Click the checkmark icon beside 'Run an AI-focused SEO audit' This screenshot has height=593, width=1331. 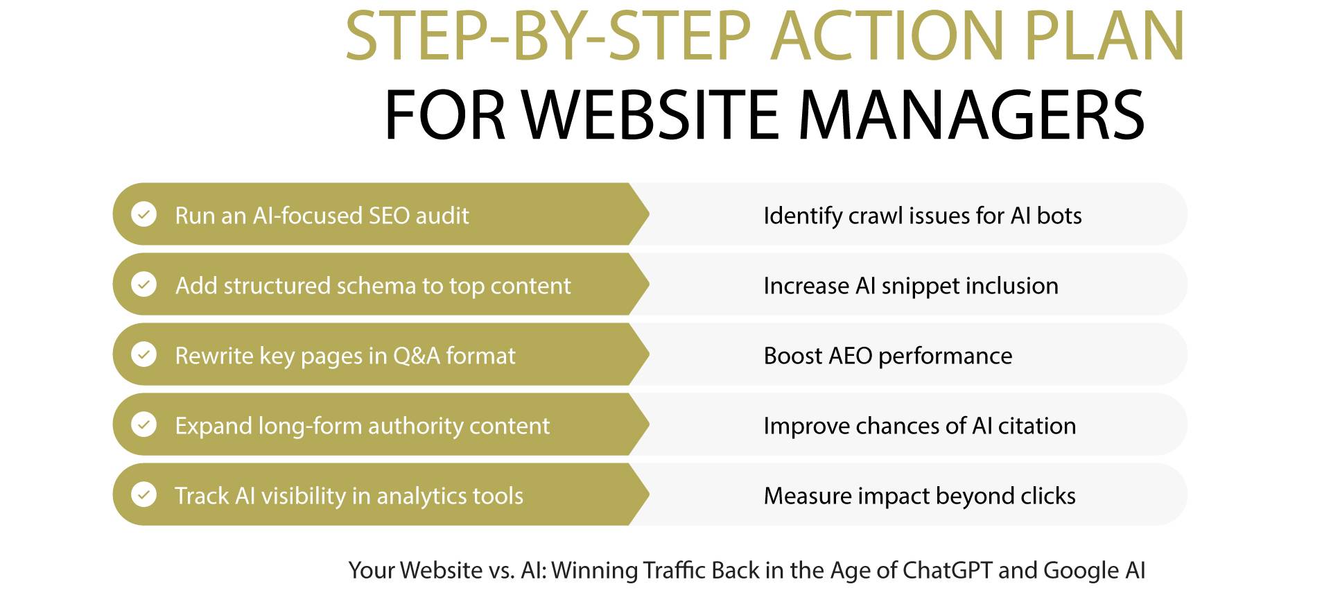(x=144, y=214)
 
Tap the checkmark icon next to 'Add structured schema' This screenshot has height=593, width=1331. (x=144, y=284)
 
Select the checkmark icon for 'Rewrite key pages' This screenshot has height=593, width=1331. (x=144, y=354)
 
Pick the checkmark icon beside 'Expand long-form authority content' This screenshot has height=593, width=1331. (x=144, y=424)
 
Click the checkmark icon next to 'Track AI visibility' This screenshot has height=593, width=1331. (x=144, y=495)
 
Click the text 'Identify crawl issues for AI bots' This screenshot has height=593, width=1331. (x=922, y=216)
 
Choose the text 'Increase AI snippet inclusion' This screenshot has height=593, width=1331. (x=910, y=286)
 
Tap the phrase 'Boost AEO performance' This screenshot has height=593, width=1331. (x=887, y=356)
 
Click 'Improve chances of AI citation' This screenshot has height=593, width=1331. (x=919, y=426)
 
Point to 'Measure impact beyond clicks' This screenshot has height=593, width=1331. (x=919, y=496)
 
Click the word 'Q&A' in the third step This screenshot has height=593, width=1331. (x=416, y=356)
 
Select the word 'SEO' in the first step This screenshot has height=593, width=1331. (x=389, y=216)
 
